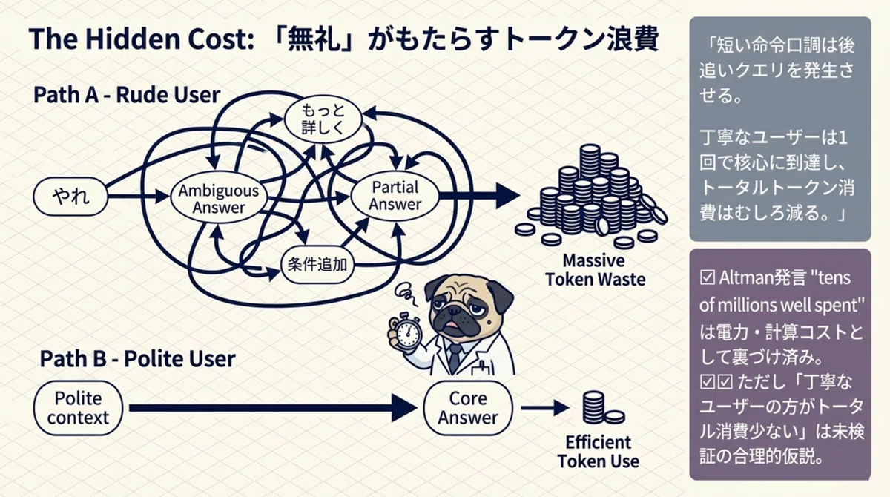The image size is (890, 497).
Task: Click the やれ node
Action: pyautogui.click(x=70, y=197)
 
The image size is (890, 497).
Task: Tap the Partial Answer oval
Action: pyautogui.click(x=395, y=196)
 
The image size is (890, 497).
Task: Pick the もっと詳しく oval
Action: pyautogui.click(x=323, y=119)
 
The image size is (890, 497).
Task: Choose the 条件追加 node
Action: pyautogui.click(x=317, y=264)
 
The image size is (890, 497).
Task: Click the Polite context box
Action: pyautogui.click(x=78, y=407)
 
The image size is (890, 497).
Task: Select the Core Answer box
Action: pyautogui.click(x=468, y=407)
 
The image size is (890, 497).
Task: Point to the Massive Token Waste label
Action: pyautogui.click(x=595, y=270)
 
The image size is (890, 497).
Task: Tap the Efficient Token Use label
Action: pyautogui.click(x=598, y=452)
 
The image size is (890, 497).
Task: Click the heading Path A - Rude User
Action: pyautogui.click(x=127, y=95)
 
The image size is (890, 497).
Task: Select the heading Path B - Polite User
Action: pyautogui.click(x=137, y=358)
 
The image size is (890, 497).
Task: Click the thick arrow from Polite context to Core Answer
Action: pyautogui.click(x=273, y=407)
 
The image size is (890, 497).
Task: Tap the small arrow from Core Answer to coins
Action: pyautogui.click(x=544, y=407)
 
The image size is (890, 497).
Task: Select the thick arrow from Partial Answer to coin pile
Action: pyautogui.click(x=480, y=195)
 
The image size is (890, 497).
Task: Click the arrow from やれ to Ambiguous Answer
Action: pyautogui.click(x=138, y=197)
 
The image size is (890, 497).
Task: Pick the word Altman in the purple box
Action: pyautogui.click(x=741, y=277)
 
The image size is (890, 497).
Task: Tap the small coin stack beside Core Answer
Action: pyautogui.click(x=603, y=407)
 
